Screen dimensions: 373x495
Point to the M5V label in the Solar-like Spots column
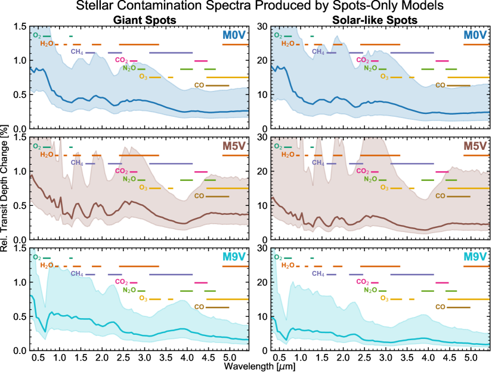(475, 146)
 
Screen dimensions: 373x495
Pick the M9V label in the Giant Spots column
(234, 257)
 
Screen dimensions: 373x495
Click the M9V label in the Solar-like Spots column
(475, 257)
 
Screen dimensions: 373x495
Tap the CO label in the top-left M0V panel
(199, 85)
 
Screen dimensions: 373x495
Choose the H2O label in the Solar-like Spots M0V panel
(288, 44)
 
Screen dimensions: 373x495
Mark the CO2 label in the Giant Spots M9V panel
(121, 282)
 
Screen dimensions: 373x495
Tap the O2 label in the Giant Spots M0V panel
(37, 36)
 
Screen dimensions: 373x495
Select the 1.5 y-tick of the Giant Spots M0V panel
(21, 27)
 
